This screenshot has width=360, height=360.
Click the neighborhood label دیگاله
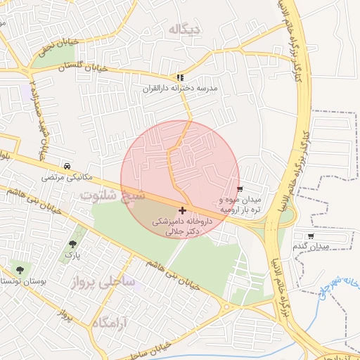(x=185, y=29)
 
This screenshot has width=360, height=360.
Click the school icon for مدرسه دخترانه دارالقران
(x=181, y=77)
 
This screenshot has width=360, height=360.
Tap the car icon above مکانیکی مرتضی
(x=66, y=167)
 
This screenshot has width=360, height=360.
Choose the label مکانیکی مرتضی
(x=66, y=177)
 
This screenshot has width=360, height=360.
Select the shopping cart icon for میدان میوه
(x=240, y=189)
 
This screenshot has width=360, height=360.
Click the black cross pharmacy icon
(x=183, y=210)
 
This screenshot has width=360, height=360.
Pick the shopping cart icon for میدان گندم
(x=311, y=236)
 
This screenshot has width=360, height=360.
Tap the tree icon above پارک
(x=72, y=244)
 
